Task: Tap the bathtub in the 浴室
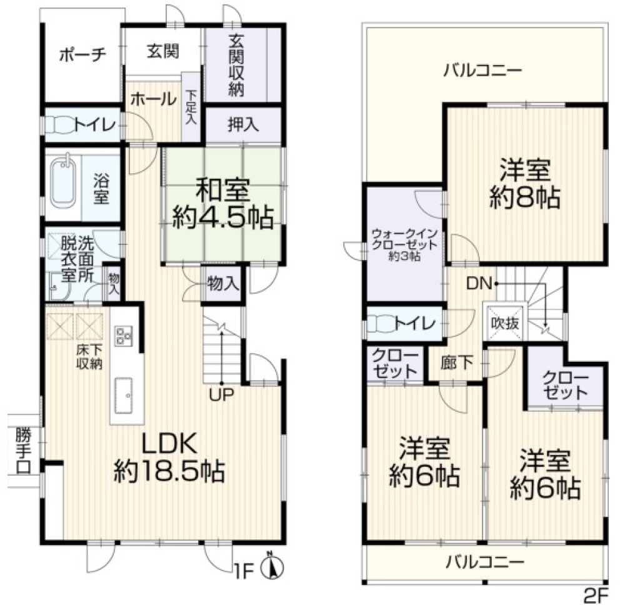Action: tap(63, 182)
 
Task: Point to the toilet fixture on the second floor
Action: tap(382, 323)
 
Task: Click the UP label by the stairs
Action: tap(222, 394)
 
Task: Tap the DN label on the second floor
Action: tap(479, 283)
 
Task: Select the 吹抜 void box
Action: tap(505, 321)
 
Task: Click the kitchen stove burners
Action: tap(123, 335)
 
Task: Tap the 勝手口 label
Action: tap(23, 450)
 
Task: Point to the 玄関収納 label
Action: tap(236, 66)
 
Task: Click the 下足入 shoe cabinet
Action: tap(191, 106)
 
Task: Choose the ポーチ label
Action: tap(83, 54)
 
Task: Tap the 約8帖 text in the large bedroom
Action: tap(524, 197)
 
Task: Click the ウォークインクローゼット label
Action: tap(404, 244)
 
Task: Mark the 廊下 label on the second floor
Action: tap(457, 362)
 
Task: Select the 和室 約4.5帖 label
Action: tap(222, 204)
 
